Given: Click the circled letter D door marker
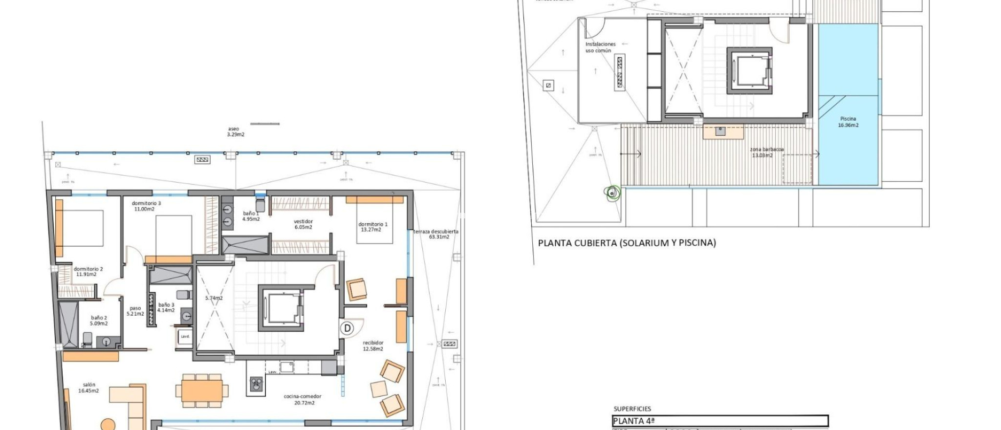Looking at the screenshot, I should [x=348, y=328].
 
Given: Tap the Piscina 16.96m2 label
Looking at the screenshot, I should [x=848, y=122].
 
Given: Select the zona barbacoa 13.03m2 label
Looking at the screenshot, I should [x=766, y=152].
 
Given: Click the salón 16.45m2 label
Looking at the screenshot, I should [x=88, y=388].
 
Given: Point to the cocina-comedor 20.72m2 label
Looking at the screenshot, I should [x=303, y=400].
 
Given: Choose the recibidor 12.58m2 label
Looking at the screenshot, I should [x=373, y=346].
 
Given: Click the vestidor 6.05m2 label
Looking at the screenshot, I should [x=303, y=224].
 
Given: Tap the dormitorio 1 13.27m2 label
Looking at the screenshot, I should [x=373, y=227].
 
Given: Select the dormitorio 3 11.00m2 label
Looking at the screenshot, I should [x=146, y=206].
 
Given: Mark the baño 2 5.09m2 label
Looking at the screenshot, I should [x=99, y=321].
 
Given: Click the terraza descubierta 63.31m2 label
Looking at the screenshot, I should [x=436, y=234].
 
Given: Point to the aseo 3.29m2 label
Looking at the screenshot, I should [x=235, y=131].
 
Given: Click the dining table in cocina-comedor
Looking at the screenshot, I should [x=201, y=390].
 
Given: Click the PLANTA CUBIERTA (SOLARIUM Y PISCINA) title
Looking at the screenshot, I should [x=627, y=243].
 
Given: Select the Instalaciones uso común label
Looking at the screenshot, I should [x=600, y=47].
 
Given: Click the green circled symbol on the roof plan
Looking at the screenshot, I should [x=612, y=193].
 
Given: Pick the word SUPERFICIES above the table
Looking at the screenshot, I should [x=632, y=409].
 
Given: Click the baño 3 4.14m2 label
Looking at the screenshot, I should [x=166, y=307].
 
